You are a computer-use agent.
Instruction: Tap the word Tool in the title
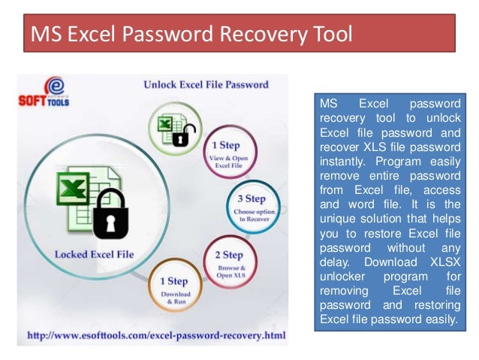point(330,35)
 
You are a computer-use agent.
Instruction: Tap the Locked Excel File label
point(94,254)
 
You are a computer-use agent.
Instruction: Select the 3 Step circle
point(252,207)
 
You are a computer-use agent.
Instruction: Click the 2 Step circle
point(227,261)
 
